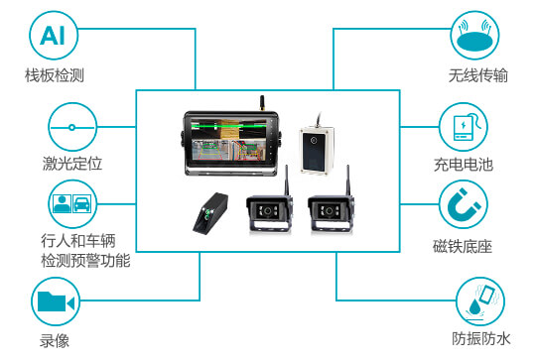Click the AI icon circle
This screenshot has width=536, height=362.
(x=54, y=36)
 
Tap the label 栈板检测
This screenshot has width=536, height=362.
(x=55, y=75)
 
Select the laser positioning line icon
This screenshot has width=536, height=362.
(x=72, y=127)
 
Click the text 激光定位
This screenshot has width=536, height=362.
(x=72, y=164)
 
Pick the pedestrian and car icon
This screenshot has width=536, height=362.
(x=72, y=204)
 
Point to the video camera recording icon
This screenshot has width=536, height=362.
(x=56, y=302)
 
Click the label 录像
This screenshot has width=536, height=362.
(x=55, y=341)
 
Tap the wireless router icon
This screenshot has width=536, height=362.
(x=474, y=35)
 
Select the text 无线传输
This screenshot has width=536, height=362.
(x=478, y=75)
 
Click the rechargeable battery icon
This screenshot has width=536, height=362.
(x=464, y=127)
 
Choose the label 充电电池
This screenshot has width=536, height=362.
(x=464, y=165)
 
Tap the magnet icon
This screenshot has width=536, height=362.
(x=464, y=204)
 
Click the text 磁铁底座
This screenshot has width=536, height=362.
(x=463, y=247)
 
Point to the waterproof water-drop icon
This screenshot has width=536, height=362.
(x=480, y=302)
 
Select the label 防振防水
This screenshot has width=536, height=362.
(x=481, y=339)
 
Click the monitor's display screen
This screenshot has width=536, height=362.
(x=228, y=139)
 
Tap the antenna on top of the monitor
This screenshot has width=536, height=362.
(x=262, y=103)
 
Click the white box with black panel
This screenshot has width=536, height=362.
(x=317, y=150)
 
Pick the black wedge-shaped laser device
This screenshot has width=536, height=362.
(x=210, y=214)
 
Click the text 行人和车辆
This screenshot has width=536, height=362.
(x=78, y=241)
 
